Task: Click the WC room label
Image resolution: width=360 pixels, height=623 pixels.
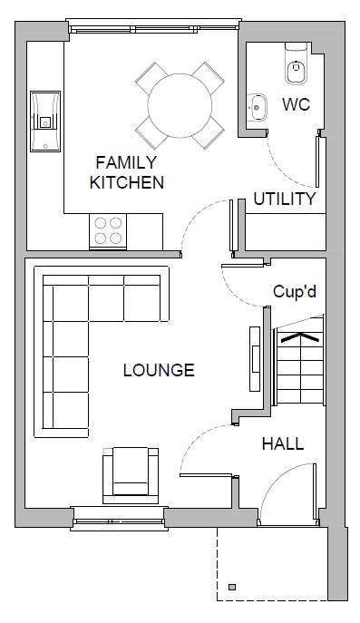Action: [296, 104]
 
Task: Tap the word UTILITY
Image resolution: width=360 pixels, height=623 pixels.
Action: [285, 199]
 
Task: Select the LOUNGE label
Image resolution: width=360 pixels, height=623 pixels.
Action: [159, 370]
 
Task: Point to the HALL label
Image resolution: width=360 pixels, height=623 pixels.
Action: [283, 443]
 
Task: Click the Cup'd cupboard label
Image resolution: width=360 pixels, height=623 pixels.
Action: [295, 291]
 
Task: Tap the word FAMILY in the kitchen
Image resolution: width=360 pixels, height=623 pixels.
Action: [126, 163]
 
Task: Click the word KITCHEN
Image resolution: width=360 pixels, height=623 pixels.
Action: [126, 182]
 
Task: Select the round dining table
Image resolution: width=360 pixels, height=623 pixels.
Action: [180, 105]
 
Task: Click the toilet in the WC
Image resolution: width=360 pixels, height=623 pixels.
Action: [297, 63]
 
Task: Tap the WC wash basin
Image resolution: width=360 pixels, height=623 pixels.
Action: [257, 107]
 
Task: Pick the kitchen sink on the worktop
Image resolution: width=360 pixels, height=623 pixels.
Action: [45, 122]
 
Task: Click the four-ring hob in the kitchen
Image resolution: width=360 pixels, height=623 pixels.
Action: [108, 231]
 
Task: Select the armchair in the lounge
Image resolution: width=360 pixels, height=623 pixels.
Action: [131, 475]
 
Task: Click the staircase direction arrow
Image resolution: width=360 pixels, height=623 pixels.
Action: [300, 337]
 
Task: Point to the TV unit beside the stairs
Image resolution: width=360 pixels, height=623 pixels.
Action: [255, 359]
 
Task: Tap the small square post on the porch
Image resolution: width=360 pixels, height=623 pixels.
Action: [232, 587]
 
